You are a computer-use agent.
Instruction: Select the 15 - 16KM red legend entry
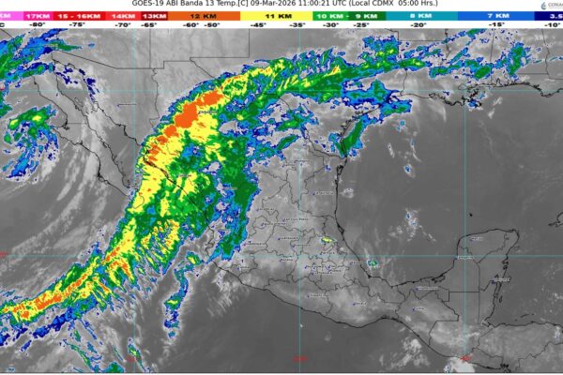click(80, 16)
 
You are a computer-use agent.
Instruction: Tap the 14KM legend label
click(122, 16)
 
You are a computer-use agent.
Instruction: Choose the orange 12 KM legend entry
click(200, 16)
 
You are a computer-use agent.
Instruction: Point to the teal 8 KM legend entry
click(419, 16)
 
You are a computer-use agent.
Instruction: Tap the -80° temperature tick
click(38, 25)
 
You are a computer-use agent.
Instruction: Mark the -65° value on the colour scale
click(147, 25)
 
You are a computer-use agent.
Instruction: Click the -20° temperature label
click(418, 25)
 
